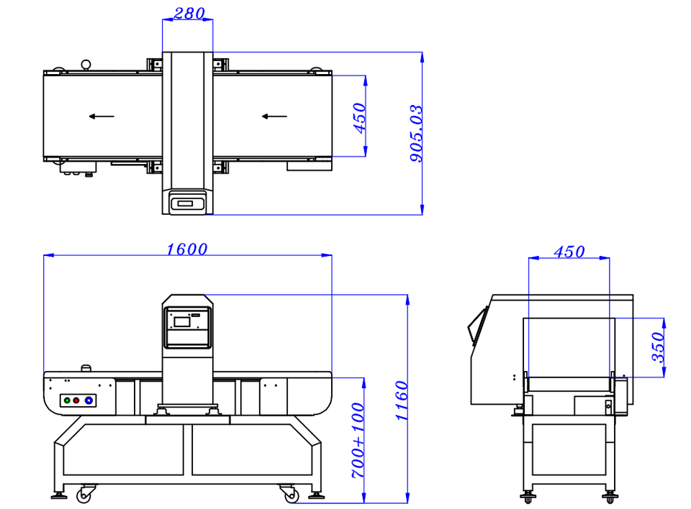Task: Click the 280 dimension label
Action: (189, 14)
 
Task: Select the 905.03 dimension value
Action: (416, 134)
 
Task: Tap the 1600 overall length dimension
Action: (187, 249)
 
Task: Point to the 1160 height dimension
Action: (402, 400)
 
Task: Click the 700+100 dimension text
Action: (358, 440)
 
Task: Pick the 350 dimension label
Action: (657, 347)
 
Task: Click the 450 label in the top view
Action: (360, 118)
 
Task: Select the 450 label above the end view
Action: (569, 252)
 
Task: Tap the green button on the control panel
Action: (67, 400)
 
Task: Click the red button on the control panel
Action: (76, 400)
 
